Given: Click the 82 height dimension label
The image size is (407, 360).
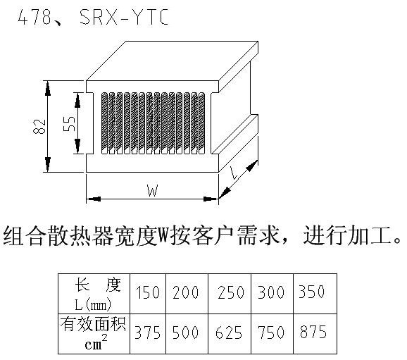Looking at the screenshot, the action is pyautogui.click(x=39, y=127).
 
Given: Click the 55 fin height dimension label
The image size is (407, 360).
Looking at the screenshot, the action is pyautogui.click(x=69, y=123).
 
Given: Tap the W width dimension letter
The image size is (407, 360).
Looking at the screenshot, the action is pyautogui.click(x=152, y=190).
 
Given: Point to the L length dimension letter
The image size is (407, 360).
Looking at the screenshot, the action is pyautogui.click(x=234, y=173).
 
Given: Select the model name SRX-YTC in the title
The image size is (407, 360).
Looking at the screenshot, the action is pyautogui.click(x=124, y=17).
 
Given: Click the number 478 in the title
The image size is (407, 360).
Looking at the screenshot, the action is pyautogui.click(x=35, y=17).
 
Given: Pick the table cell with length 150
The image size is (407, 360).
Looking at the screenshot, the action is pyautogui.click(x=148, y=294).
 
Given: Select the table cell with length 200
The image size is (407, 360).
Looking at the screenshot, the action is pyautogui.click(x=187, y=294).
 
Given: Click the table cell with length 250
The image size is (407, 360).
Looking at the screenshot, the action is pyautogui.click(x=230, y=294).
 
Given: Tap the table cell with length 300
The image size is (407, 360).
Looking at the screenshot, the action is pyautogui.click(x=272, y=294).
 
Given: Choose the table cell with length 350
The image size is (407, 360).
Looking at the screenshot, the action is pyautogui.click(x=315, y=294).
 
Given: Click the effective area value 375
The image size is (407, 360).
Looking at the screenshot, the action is pyautogui.click(x=147, y=333).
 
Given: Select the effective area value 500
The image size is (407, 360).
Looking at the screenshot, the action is pyautogui.click(x=186, y=333).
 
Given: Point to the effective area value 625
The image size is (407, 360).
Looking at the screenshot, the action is pyautogui.click(x=229, y=333).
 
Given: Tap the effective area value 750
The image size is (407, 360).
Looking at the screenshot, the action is pyautogui.click(x=271, y=333).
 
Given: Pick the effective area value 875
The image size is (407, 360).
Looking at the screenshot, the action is pyautogui.click(x=313, y=332).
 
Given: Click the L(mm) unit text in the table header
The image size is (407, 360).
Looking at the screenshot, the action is pyautogui.click(x=93, y=304).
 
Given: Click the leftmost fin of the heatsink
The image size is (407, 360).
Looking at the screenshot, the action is pyautogui.click(x=104, y=123).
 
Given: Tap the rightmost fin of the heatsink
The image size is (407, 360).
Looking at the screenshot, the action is pyautogui.click(x=201, y=123).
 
